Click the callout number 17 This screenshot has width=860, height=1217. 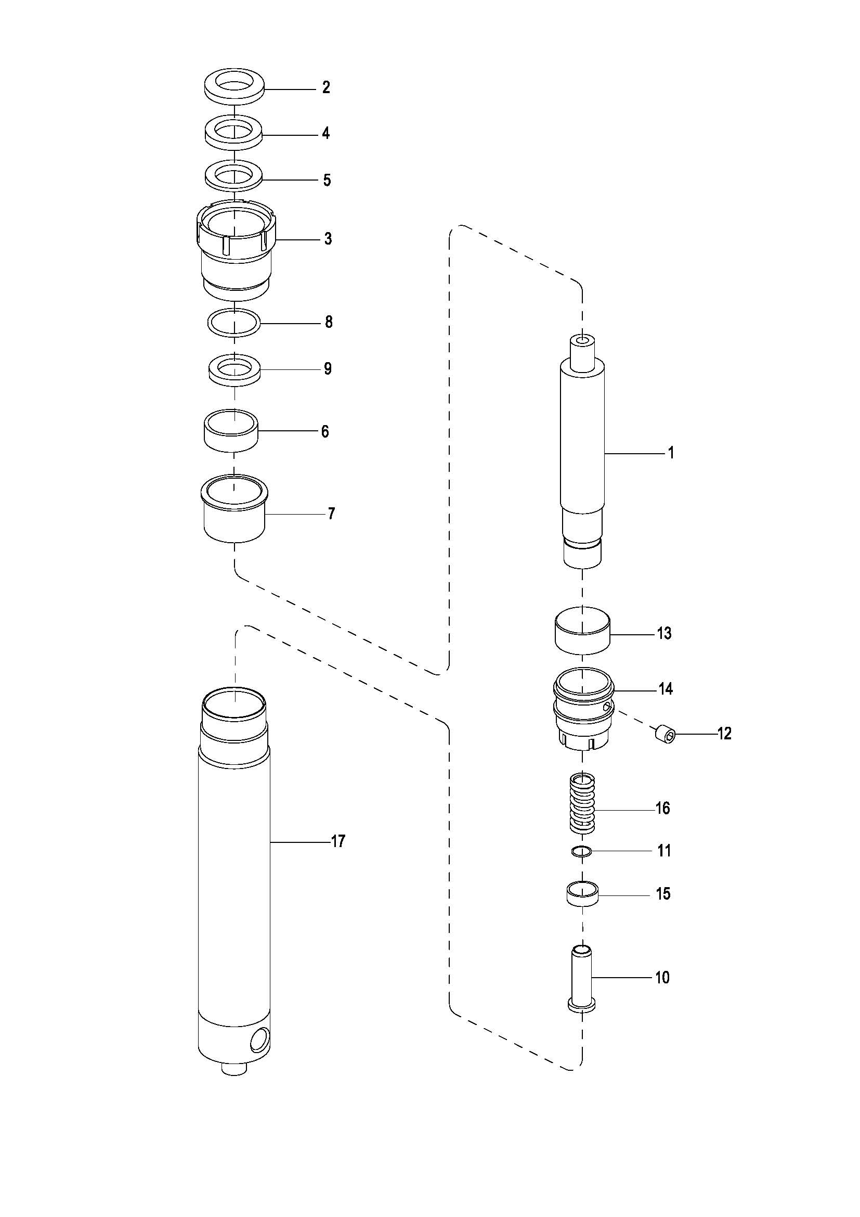pyautogui.click(x=338, y=841)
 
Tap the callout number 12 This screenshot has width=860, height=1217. pyautogui.click(x=724, y=734)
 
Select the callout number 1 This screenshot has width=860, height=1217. pyautogui.click(x=671, y=453)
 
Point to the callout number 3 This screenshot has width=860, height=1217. pyautogui.click(x=328, y=239)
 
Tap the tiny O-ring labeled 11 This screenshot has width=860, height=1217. pyautogui.click(x=582, y=852)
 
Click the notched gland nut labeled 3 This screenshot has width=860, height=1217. pyautogui.click(x=235, y=249)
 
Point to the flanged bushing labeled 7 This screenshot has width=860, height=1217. pyautogui.click(x=234, y=509)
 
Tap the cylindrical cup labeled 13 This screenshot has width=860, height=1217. pyautogui.click(x=582, y=630)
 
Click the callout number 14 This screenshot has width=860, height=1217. pyautogui.click(x=665, y=688)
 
